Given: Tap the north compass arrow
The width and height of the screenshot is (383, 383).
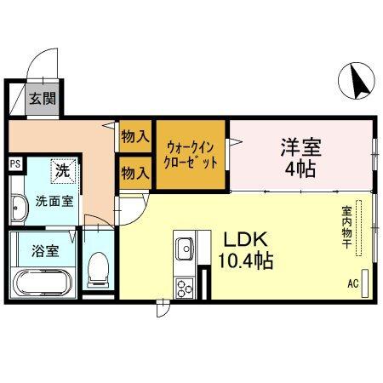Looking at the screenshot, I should tap(357, 81).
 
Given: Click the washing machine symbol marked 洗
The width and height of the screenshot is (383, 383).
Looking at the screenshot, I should tap(63, 170).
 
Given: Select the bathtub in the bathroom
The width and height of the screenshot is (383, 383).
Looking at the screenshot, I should tap(44, 280).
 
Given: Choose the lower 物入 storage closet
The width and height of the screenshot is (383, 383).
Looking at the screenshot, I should tap(134, 174).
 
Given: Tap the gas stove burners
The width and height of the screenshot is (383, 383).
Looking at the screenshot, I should tap(185, 287).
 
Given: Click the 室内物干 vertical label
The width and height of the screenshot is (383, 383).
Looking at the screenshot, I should tap(347, 226).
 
